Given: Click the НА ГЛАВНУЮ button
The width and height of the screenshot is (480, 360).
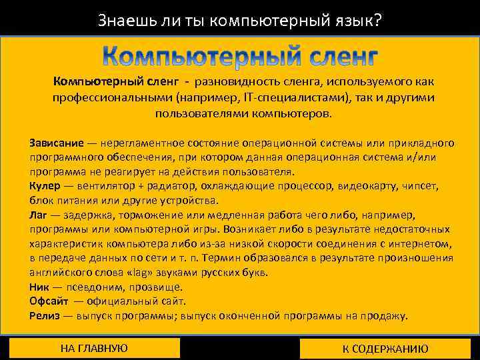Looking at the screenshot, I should pyautogui.click(x=94, y=348).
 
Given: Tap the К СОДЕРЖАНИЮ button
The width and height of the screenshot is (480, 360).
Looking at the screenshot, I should pyautogui.click(x=385, y=349).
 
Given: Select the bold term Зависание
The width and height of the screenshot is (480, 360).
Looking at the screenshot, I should pyautogui.click(x=57, y=143).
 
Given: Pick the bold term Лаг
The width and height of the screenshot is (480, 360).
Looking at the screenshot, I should pyautogui.click(x=38, y=215).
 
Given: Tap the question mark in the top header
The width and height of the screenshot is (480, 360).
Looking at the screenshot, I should pyautogui.click(x=378, y=21).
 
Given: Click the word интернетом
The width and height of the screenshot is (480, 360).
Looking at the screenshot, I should pyautogui.click(x=423, y=243).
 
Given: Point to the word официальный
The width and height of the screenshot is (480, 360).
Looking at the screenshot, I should pyautogui.click(x=125, y=301).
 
